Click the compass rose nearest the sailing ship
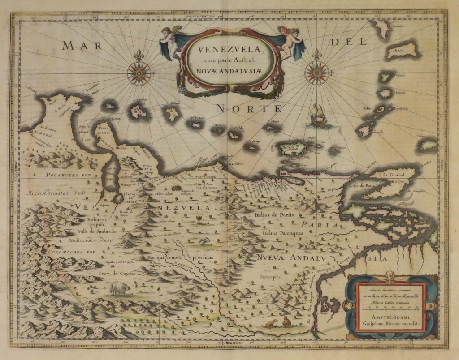[316, 73]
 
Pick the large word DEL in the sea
[348, 43]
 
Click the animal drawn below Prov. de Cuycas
[120, 289]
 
